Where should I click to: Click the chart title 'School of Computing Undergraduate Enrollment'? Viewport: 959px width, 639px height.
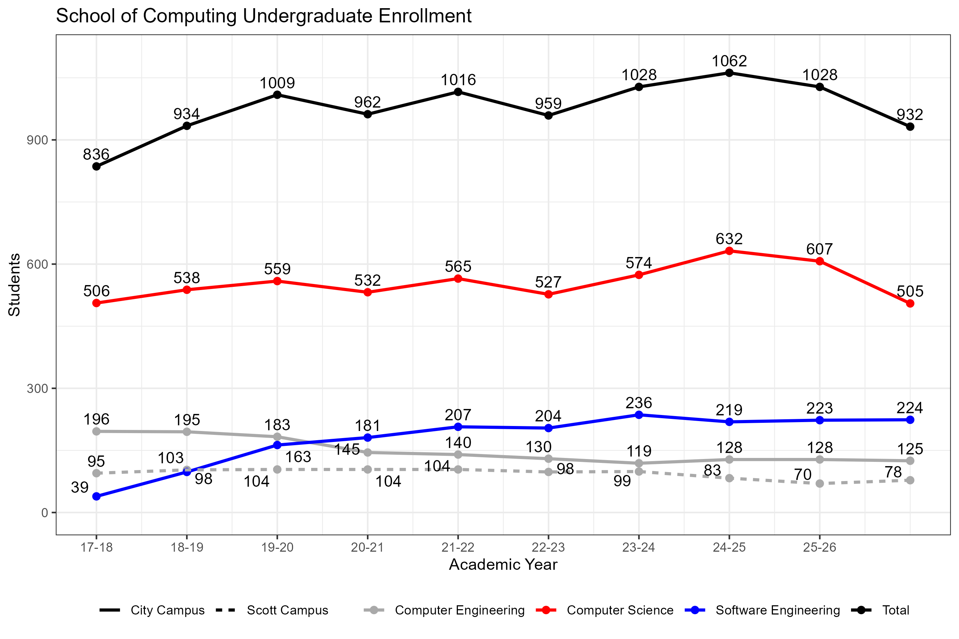pyautogui.click(x=264, y=16)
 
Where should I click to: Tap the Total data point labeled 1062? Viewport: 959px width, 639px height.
pyautogui.click(x=730, y=73)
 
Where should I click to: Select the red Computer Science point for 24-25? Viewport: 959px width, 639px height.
pyautogui.click(x=730, y=251)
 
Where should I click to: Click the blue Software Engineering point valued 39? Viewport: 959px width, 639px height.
pyautogui.click(x=97, y=496)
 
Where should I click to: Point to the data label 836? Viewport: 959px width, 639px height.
pyautogui.click(x=96, y=154)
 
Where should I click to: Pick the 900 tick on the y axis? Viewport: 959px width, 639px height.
pyautogui.click(x=38, y=140)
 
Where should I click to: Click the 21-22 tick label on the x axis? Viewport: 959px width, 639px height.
pyautogui.click(x=458, y=547)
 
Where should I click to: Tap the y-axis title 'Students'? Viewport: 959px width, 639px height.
pyautogui.click(x=15, y=284)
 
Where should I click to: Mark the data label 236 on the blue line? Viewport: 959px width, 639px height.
pyautogui.click(x=639, y=403)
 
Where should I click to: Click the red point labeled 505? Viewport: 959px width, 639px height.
pyautogui.click(x=910, y=304)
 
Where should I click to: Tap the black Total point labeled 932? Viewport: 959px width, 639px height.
pyautogui.click(x=910, y=127)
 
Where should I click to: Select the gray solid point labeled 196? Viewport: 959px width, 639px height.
pyautogui.click(x=97, y=432)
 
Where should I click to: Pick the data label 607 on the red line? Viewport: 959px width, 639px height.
pyautogui.click(x=819, y=249)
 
